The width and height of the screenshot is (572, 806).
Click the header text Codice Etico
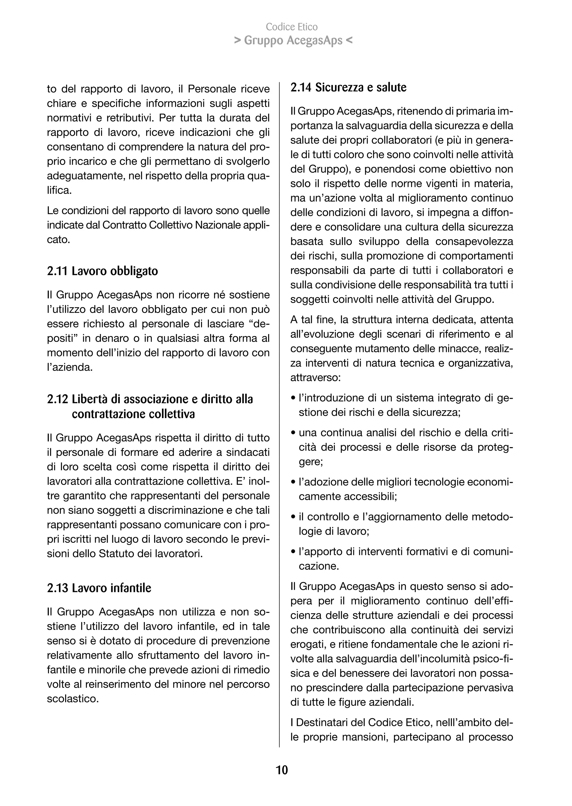292,27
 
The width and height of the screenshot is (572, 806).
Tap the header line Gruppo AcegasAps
293,41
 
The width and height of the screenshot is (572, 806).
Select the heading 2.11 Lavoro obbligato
103,271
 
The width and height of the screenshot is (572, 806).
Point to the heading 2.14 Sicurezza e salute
348,87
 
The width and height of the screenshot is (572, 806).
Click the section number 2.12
58,399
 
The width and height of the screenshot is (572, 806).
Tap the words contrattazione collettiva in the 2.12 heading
133,414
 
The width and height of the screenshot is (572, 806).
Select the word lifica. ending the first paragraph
59,190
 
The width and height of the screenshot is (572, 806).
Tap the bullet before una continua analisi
293,433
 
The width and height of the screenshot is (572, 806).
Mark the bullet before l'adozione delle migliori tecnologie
293,482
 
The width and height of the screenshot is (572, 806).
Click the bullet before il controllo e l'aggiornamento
293,517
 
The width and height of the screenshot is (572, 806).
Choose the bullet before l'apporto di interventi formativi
293,552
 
